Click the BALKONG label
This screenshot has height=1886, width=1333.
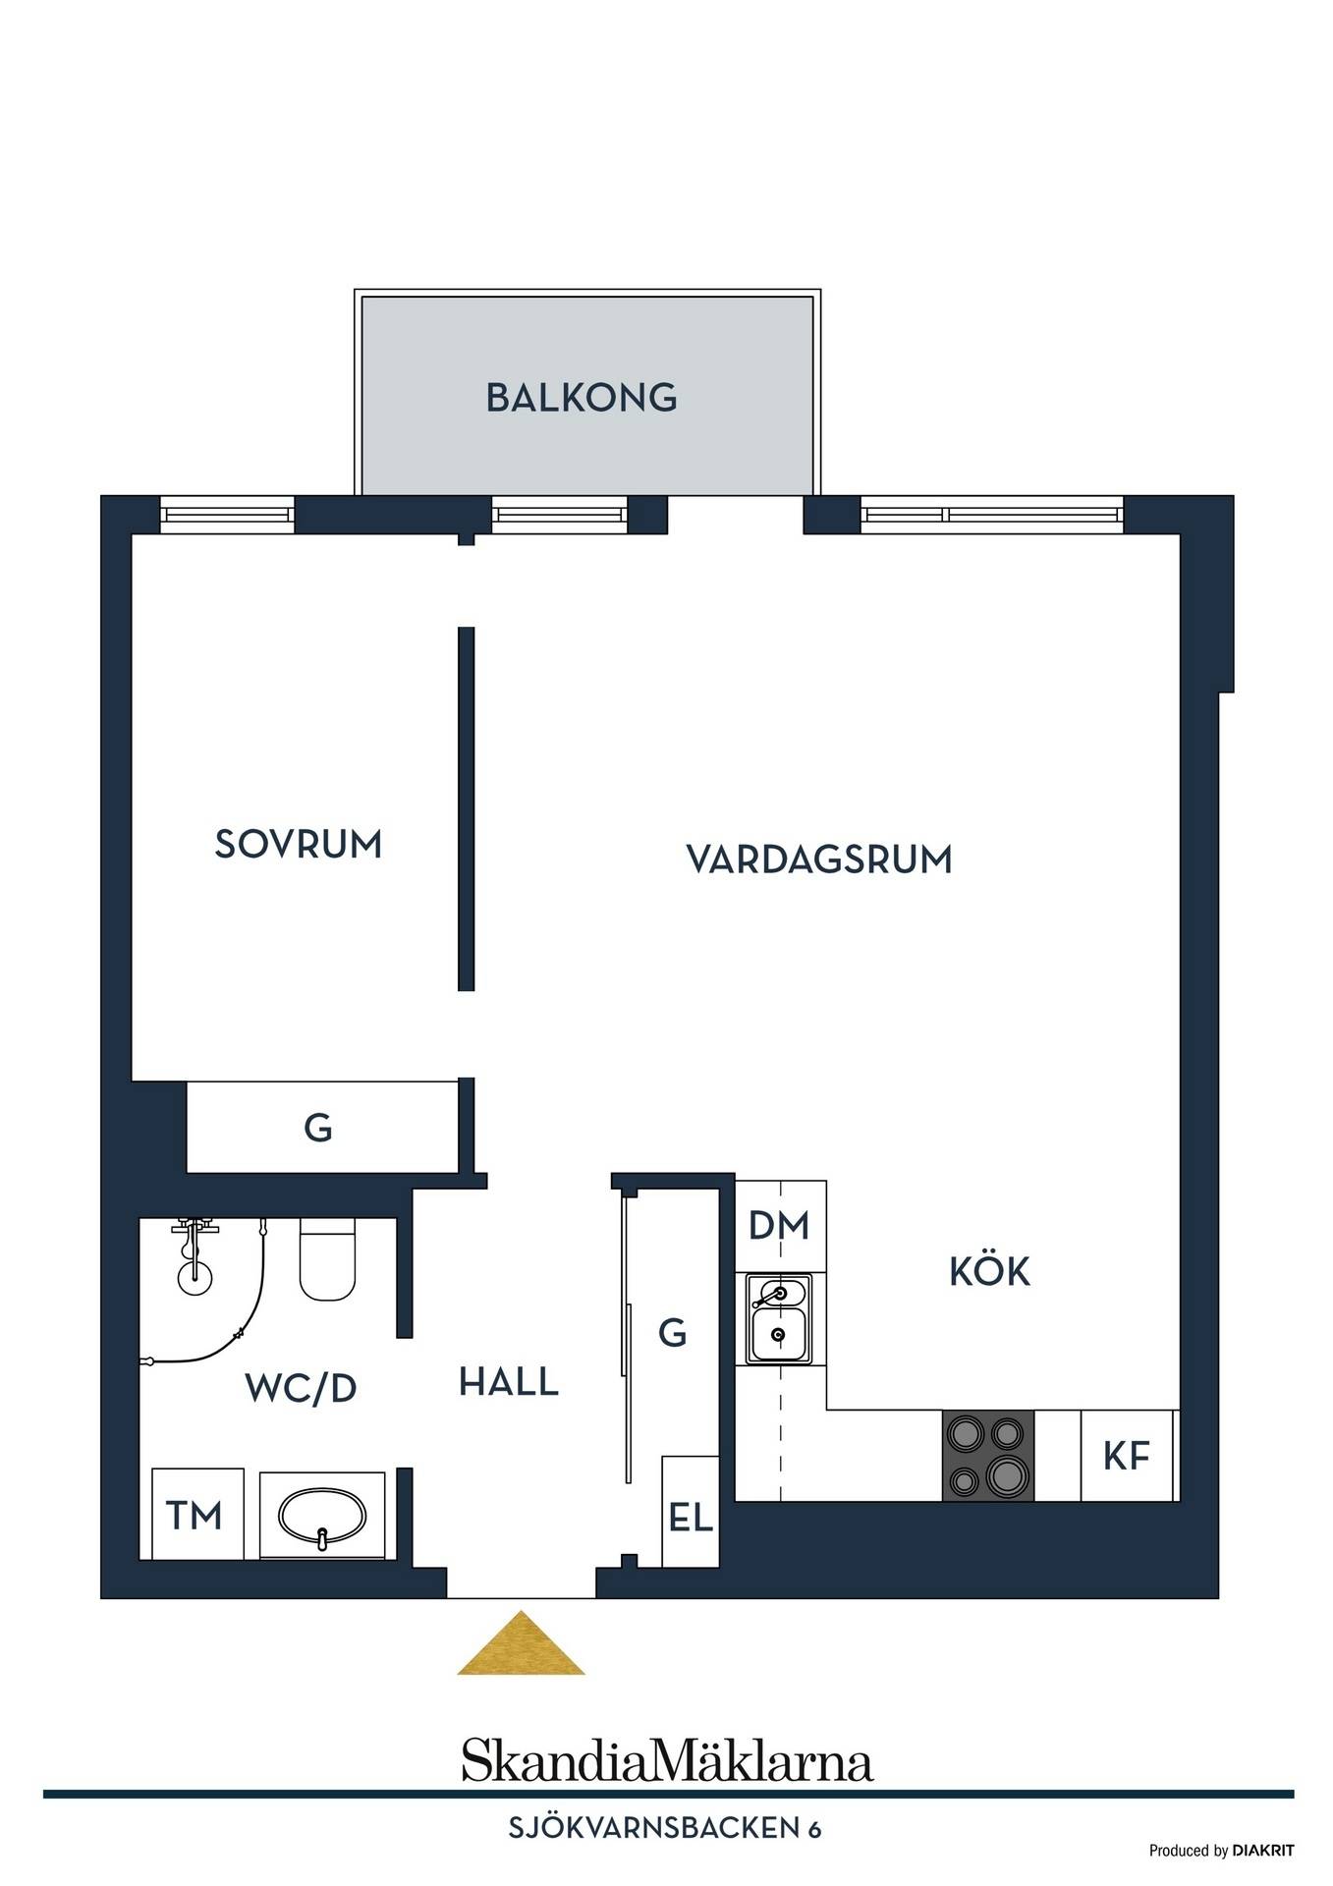[x=582, y=398]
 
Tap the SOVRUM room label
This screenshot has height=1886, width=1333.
[x=299, y=845]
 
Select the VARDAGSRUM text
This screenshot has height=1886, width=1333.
[x=819, y=860]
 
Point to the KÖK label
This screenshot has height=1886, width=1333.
[x=989, y=1270]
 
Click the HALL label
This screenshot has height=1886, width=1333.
[x=509, y=1382]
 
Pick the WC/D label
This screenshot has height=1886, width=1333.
[x=301, y=1388]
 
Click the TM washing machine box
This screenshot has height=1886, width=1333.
[x=197, y=1514]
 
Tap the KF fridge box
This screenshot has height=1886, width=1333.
[x=1127, y=1456]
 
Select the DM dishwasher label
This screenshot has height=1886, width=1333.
[x=779, y=1225]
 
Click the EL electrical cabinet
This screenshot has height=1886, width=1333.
[x=691, y=1511]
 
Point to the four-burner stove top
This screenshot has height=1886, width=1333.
[x=988, y=1456]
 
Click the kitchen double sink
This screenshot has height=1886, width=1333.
[x=779, y=1319]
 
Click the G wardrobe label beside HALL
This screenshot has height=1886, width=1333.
[x=672, y=1333]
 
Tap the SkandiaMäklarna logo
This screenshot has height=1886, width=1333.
[x=667, y=1761]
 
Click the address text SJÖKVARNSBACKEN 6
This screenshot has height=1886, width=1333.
[x=665, y=1828]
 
